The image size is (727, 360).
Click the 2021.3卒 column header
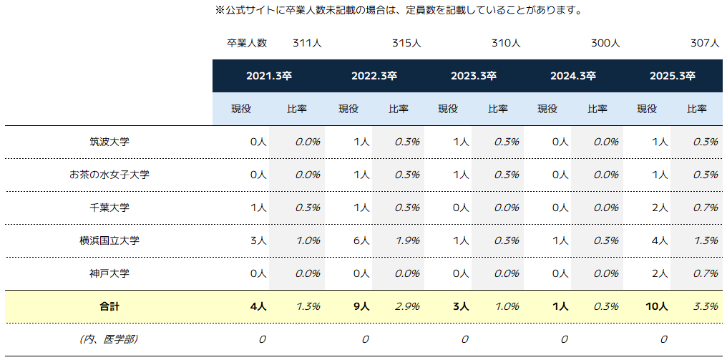coord(268,76)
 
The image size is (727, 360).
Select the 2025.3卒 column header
coord(672,76)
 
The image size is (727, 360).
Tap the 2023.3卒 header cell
coord(473,76)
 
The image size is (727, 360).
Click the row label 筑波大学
coord(109,142)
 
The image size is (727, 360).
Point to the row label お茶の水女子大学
coord(109,175)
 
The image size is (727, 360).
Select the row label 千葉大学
coord(109,208)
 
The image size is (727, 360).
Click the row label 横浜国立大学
coord(109,240)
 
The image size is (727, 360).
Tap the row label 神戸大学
coord(109,273)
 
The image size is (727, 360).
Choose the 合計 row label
coord(109,306)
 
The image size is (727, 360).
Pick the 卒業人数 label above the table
coord(247,43)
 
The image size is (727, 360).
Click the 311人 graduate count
coord(307,43)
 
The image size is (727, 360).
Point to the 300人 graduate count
coord(605,43)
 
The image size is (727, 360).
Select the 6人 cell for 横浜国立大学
coord(361,240)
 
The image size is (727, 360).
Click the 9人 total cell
coord(361,306)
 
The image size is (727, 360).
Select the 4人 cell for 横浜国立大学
coord(660,240)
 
